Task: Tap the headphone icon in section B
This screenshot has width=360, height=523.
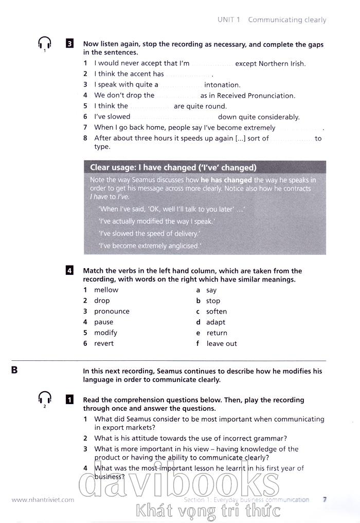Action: click(45, 398)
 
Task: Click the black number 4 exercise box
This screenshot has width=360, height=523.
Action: click(69, 271)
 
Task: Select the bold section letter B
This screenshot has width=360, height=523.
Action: click(14, 370)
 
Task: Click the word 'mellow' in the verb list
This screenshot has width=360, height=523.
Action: click(106, 290)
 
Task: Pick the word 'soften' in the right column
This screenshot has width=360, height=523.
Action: click(217, 311)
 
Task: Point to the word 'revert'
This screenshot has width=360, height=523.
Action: click(104, 343)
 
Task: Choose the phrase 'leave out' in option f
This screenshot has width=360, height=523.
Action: click(222, 343)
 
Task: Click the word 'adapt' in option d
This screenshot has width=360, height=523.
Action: click(216, 322)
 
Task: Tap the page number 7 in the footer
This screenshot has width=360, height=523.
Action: click(325, 499)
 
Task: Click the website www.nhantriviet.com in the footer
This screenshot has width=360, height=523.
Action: click(43, 499)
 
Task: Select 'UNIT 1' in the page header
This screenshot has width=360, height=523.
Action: click(229, 20)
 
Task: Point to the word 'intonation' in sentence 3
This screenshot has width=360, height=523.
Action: click(222, 85)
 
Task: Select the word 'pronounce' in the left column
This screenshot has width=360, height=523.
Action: click(112, 311)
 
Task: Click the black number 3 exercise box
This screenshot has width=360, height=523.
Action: click(69, 44)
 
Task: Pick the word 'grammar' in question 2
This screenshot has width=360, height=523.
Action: click(269, 438)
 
